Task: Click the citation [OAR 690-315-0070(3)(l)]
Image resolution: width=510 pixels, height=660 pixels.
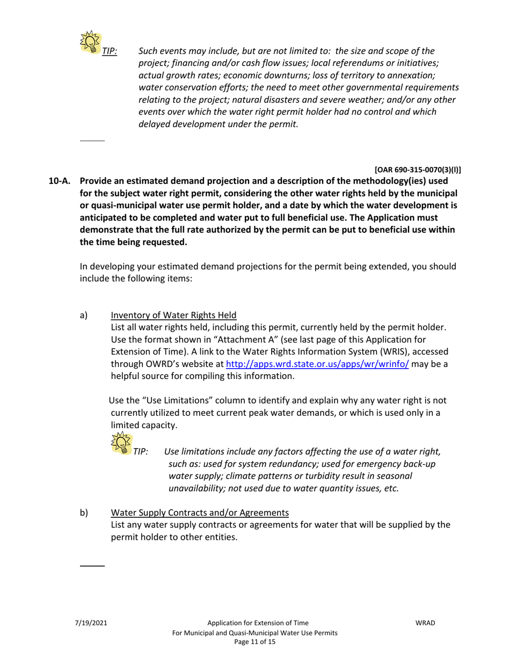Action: point(418,170)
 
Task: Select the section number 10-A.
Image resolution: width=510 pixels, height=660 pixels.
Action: point(59,181)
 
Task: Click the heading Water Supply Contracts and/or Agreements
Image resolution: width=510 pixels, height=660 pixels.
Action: point(199,512)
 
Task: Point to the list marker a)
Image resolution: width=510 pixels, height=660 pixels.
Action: point(84,316)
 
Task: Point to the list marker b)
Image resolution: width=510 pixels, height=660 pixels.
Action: point(84,512)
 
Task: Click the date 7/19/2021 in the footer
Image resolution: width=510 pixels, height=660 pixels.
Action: point(91,623)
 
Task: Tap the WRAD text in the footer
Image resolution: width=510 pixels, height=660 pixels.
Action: point(425,623)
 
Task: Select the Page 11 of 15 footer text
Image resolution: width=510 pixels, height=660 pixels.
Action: point(255,642)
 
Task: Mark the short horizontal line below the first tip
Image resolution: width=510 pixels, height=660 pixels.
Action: point(92,141)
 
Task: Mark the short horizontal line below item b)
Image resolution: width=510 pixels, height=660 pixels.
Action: point(92,566)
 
